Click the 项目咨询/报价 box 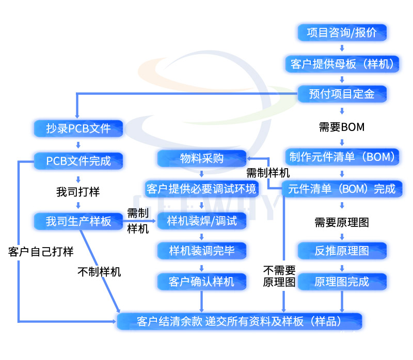[342, 33]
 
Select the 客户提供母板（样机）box [342, 63]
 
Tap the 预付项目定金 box [342, 94]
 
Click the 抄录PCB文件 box [78, 128]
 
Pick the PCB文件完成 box [78, 160]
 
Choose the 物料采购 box [201, 158]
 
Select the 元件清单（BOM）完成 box [342, 189]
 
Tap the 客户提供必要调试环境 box [201, 189]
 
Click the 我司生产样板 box [78, 221]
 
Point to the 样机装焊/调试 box [201, 221]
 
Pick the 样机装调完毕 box [201, 251]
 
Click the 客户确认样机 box [201, 282]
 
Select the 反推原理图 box [342, 251]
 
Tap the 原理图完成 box [342, 282]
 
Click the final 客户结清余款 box [240, 321]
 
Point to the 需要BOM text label [342, 126]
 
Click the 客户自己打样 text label [41, 252]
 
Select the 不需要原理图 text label [279, 276]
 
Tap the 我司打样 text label [78, 192]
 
